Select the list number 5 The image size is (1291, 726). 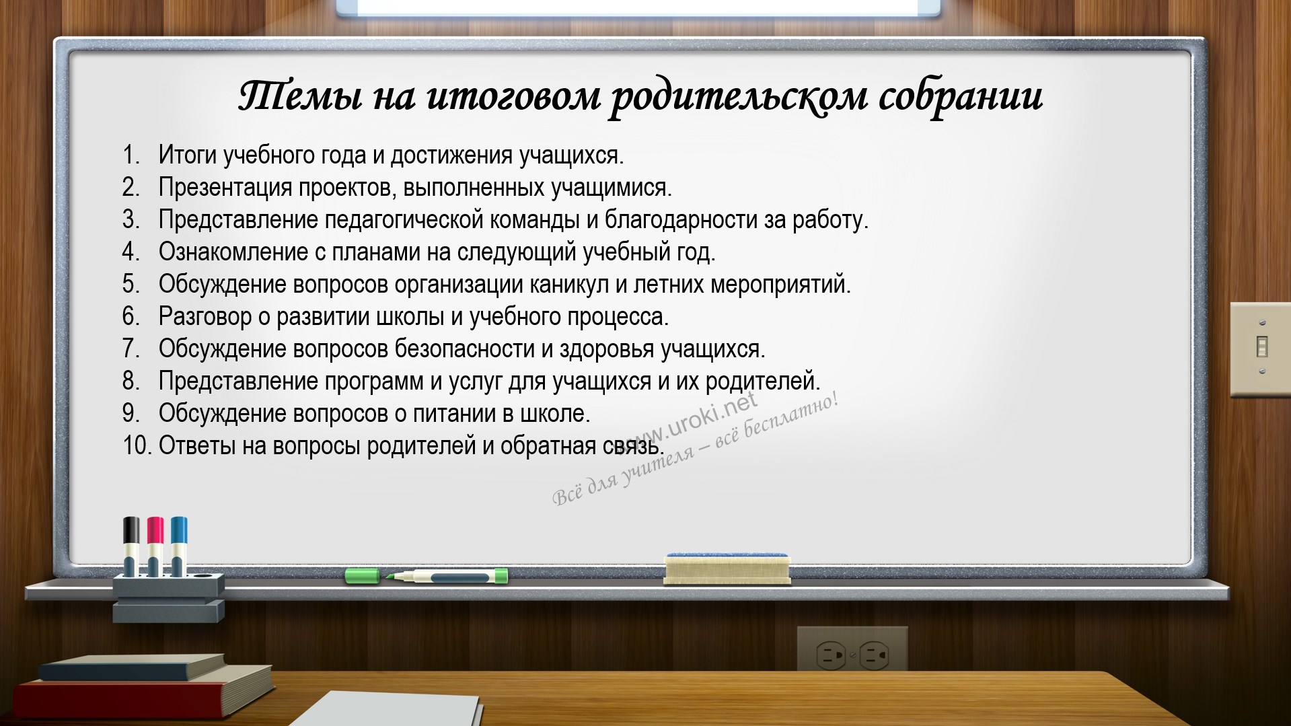(131, 284)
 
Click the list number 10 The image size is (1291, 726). (137, 445)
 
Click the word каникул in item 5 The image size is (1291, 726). (569, 285)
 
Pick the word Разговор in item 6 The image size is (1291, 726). (205, 317)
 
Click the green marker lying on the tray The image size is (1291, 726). (427, 576)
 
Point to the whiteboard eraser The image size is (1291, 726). (727, 569)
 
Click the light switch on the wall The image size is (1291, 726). (1261, 349)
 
